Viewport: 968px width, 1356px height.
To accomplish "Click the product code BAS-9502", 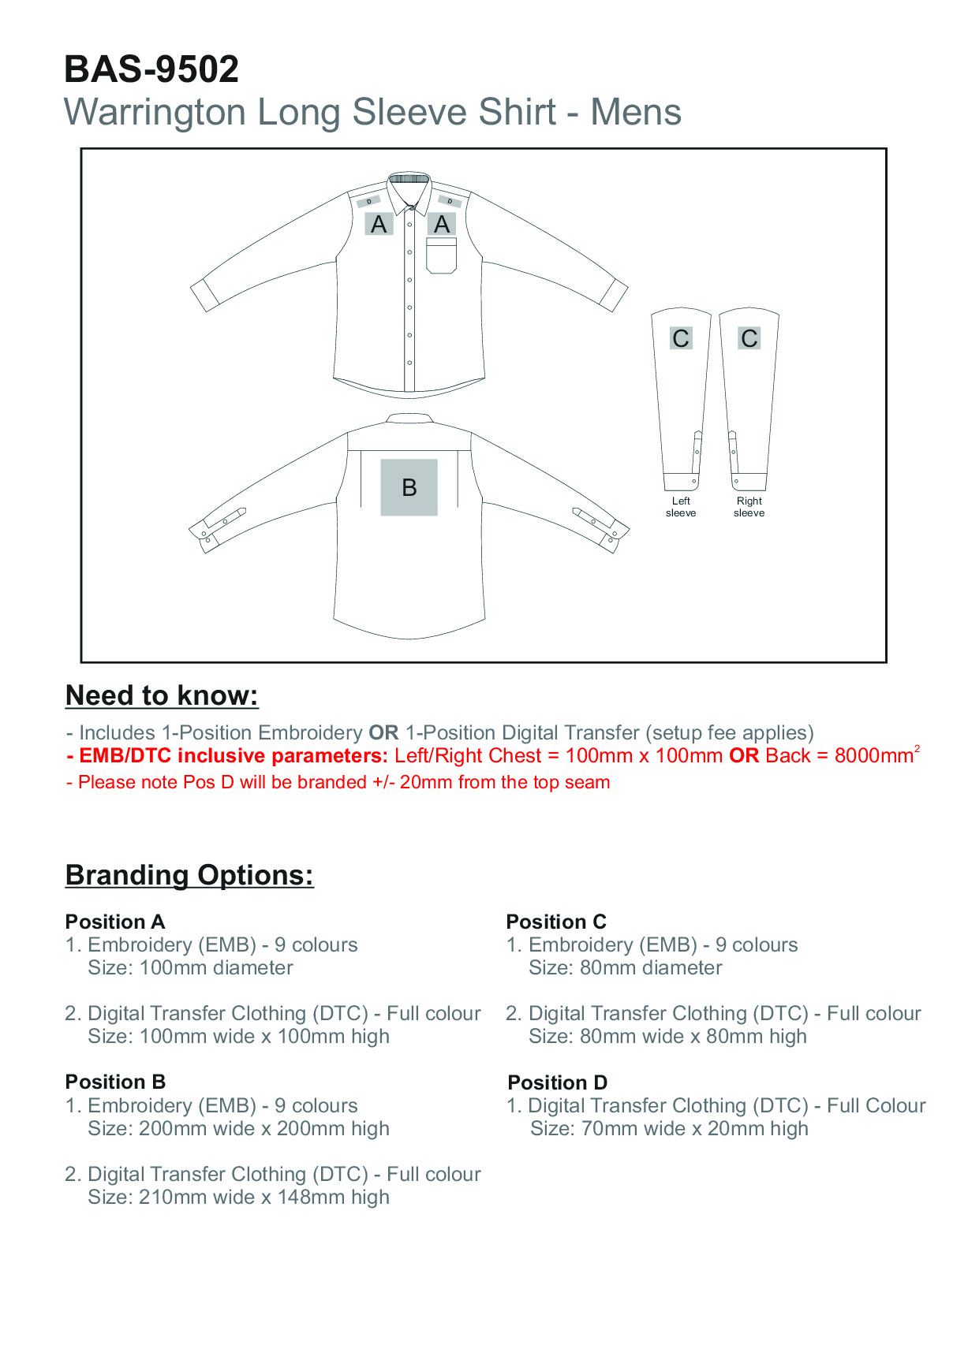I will (151, 69).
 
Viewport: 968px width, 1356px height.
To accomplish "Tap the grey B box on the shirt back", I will (409, 487).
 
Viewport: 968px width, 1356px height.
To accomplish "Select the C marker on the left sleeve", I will (681, 338).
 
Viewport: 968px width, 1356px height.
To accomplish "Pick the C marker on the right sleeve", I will (749, 338).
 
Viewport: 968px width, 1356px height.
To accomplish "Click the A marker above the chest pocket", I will (442, 225).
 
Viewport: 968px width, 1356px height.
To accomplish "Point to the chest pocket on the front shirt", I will (442, 256).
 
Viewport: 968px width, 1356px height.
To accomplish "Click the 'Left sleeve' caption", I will (681, 507).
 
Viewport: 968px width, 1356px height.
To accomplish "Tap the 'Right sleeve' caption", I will (749, 507).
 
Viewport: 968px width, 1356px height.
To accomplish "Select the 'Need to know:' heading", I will (162, 695).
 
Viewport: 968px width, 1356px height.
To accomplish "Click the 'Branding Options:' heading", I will (189, 875).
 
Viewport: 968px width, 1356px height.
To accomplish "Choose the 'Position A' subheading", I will (115, 922).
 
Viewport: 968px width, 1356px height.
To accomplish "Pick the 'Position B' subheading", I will (115, 1082).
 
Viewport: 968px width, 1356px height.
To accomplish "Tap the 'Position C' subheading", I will (556, 922).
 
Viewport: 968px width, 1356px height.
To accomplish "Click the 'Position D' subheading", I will (557, 1082).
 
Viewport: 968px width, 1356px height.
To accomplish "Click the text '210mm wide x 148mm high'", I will (263, 1198).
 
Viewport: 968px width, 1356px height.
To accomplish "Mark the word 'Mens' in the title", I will (636, 112).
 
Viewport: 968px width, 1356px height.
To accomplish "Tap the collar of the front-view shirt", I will (409, 189).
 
